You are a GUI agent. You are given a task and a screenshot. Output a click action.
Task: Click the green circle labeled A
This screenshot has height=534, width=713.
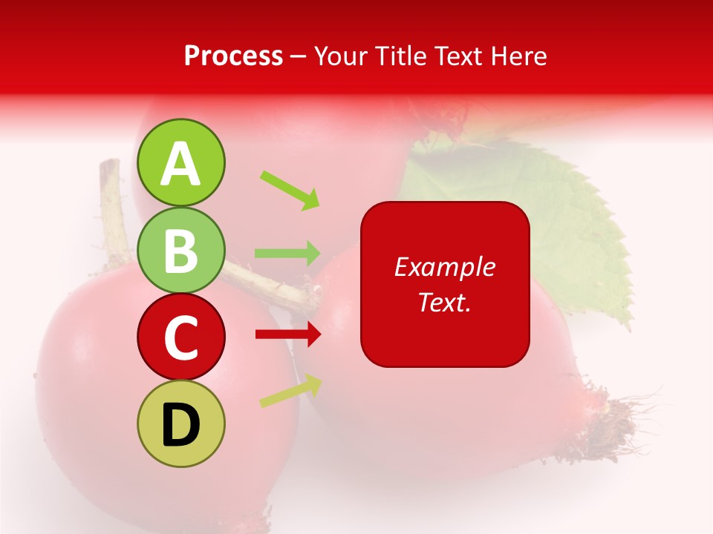181,163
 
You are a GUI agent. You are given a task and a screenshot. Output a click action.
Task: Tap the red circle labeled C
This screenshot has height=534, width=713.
181,337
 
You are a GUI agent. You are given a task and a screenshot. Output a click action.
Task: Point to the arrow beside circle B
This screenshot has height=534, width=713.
287,253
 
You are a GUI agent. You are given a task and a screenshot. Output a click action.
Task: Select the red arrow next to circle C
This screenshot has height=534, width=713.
287,335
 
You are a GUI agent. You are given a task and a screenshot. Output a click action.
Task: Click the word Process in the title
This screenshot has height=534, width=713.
233,56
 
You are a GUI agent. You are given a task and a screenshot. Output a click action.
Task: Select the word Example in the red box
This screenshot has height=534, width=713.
444,267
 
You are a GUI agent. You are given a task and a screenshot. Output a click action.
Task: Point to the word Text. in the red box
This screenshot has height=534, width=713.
444,302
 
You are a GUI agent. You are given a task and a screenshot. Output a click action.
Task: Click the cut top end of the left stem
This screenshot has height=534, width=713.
109,165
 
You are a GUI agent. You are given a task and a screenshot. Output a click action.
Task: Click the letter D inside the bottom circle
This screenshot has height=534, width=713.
181,425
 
